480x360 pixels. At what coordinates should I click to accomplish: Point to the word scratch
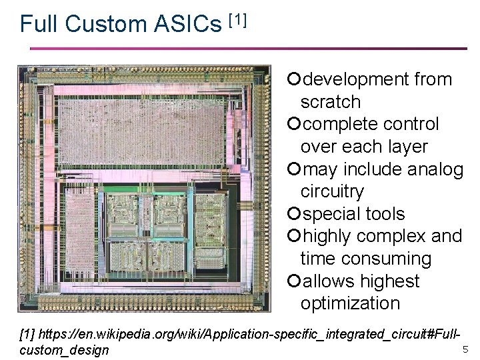[330, 102]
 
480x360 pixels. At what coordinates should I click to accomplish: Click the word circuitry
[332, 191]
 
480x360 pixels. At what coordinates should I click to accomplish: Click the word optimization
[350, 303]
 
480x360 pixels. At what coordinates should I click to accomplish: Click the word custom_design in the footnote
[65, 349]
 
